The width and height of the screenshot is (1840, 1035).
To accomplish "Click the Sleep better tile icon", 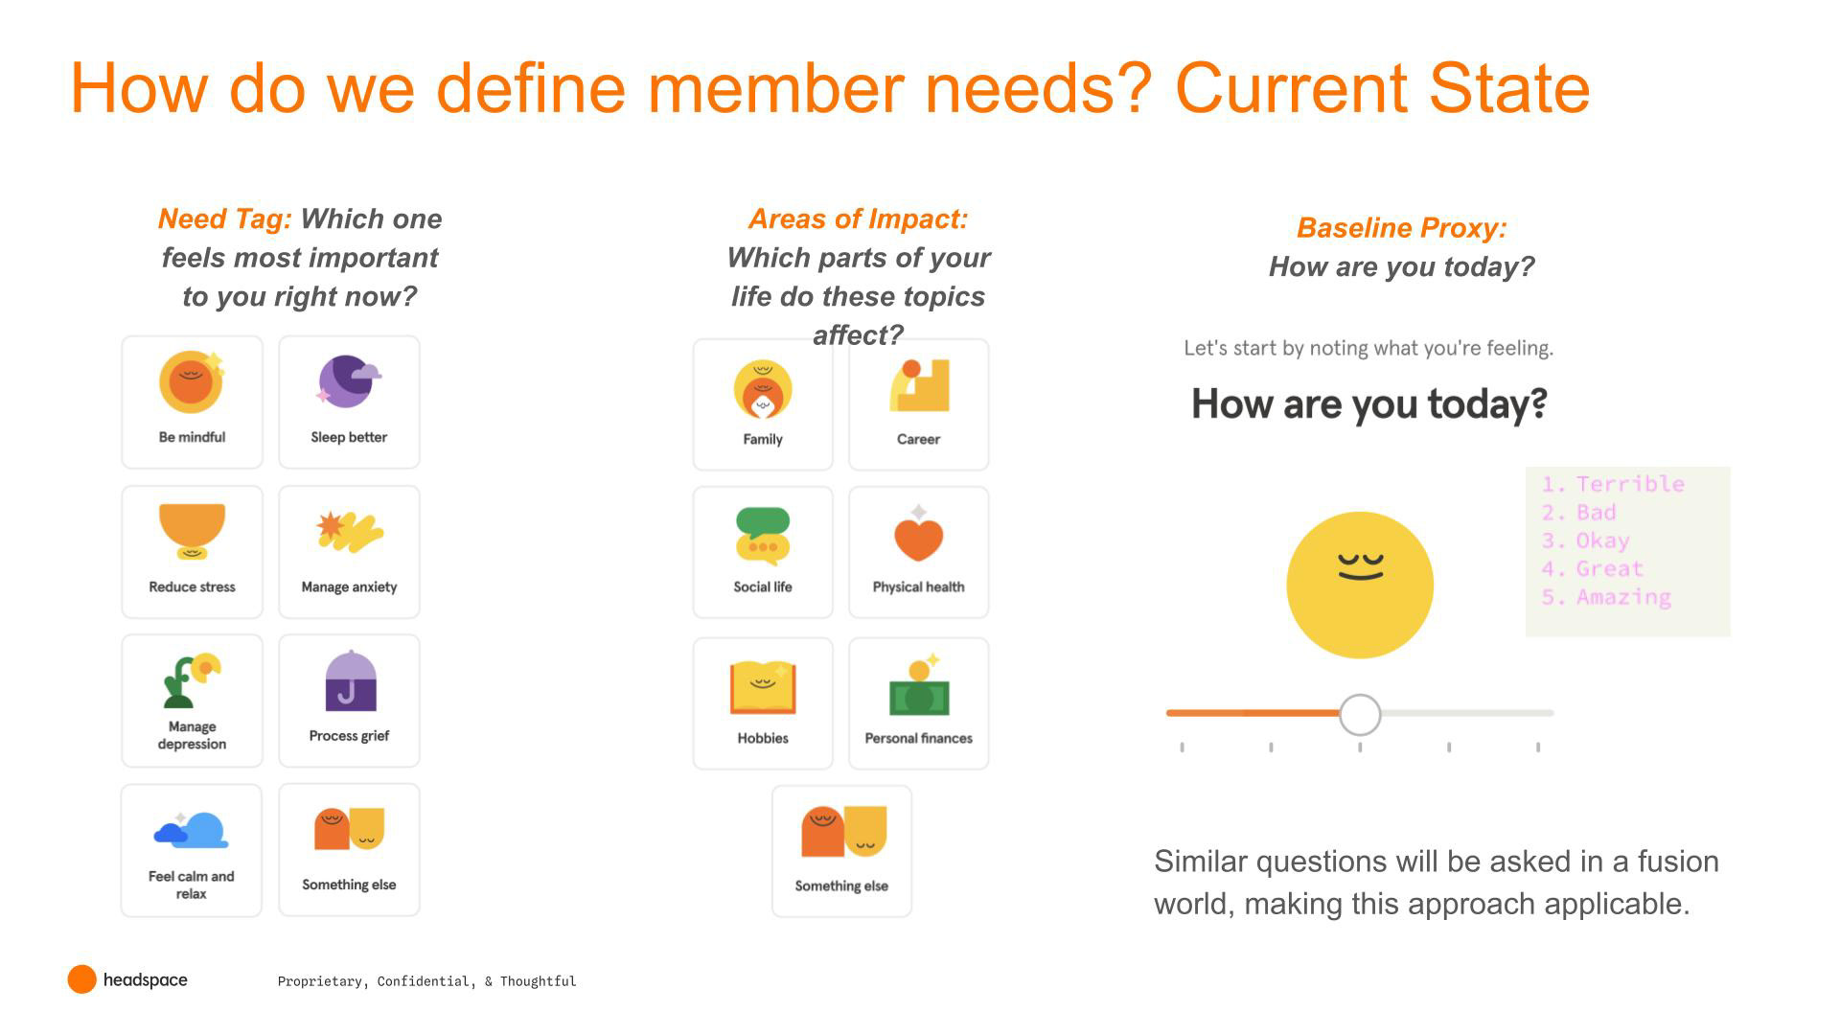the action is (x=350, y=381).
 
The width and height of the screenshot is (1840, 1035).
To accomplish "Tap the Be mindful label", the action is (x=192, y=437).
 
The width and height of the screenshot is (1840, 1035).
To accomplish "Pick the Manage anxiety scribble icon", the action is (x=350, y=532).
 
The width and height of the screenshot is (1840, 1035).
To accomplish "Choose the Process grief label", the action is (x=349, y=736).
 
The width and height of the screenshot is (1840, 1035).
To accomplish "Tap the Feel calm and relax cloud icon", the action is (x=192, y=830).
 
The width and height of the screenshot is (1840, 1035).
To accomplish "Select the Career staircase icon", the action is (x=919, y=385).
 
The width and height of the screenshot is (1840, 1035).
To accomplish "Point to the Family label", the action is (x=763, y=439).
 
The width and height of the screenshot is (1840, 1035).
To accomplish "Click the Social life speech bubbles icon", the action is (x=763, y=535).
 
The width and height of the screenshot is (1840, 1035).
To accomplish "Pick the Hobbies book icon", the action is (x=763, y=687).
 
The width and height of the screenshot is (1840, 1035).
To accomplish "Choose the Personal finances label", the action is (x=918, y=738).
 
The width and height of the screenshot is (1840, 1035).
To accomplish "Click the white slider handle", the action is (x=1360, y=714).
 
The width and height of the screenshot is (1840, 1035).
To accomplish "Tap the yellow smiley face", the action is (x=1360, y=585).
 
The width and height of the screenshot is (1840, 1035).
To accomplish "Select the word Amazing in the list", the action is (x=1623, y=597).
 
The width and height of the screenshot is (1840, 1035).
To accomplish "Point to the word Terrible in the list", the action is (x=1630, y=484).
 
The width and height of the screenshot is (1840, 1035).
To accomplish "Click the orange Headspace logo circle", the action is (x=82, y=979).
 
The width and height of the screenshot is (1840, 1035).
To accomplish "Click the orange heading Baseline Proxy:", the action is (x=1401, y=228).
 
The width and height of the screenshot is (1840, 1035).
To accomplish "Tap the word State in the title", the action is (x=1509, y=88).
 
